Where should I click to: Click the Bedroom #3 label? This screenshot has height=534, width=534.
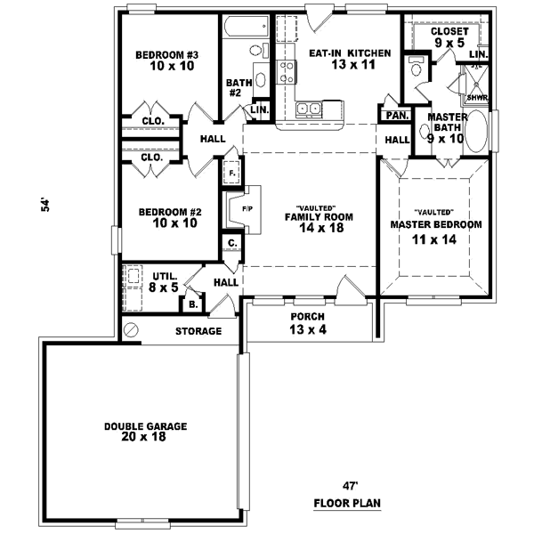tap(166, 55)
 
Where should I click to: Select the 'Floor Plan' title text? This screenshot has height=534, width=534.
tap(347, 504)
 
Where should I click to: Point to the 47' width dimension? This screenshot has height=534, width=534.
tap(350, 486)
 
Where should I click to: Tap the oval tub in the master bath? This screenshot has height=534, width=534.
tap(477, 133)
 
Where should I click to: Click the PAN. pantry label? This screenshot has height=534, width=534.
tap(397, 116)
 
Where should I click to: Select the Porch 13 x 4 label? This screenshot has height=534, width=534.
tap(307, 323)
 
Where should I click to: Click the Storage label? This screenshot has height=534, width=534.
tap(198, 331)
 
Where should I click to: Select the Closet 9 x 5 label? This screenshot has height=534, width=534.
tap(449, 36)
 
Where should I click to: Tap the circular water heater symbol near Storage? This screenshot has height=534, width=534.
tap(133, 330)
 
